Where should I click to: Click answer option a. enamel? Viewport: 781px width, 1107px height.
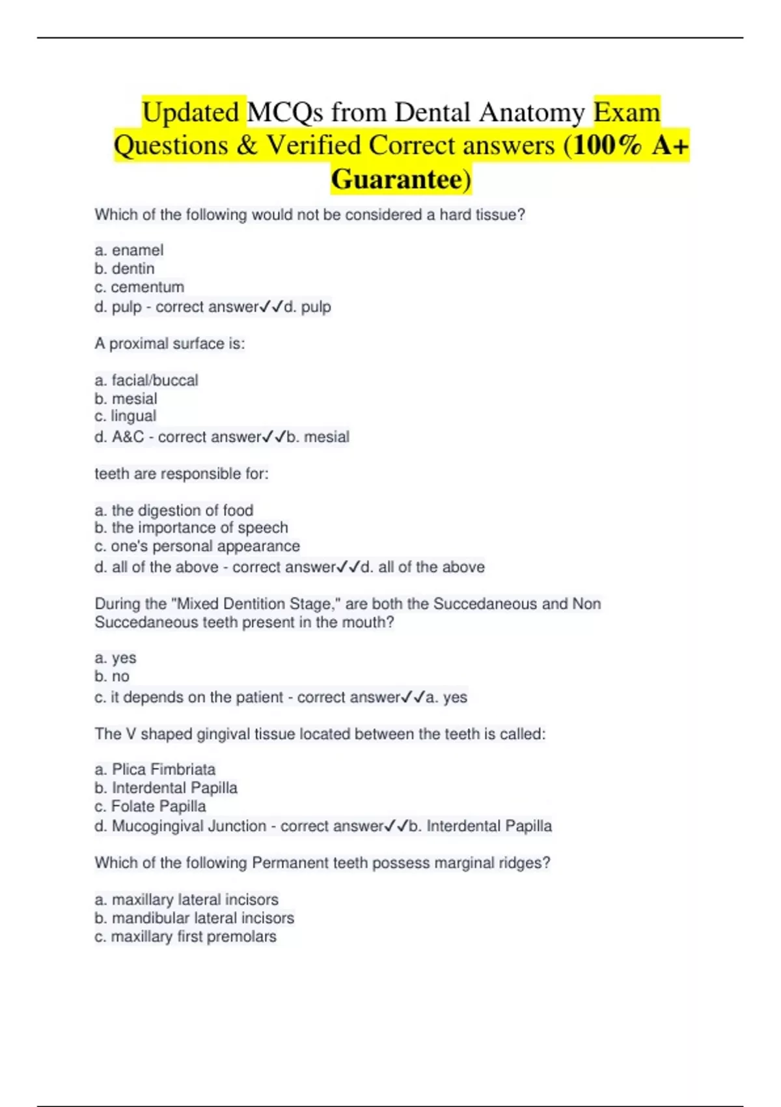129,250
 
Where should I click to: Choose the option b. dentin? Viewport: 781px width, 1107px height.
124,268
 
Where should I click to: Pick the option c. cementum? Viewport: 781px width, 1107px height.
139,287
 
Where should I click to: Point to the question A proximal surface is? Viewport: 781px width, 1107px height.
170,343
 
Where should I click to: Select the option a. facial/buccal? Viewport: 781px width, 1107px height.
146,380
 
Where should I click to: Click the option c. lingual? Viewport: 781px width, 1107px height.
126,416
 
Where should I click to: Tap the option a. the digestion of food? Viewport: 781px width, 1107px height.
174,511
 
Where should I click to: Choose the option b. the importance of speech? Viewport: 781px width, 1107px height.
191,527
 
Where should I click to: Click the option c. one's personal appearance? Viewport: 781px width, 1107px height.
197,546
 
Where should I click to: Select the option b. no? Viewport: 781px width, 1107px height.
112,676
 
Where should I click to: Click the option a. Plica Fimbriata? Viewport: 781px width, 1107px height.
155,769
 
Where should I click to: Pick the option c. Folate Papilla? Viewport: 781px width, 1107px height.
150,806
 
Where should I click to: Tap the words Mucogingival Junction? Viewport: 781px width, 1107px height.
189,826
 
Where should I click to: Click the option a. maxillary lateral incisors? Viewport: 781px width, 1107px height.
186,899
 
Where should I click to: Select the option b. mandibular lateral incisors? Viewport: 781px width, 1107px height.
194,918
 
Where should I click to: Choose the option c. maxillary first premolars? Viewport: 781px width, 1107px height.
185,936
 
